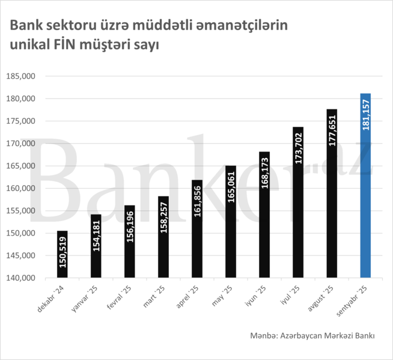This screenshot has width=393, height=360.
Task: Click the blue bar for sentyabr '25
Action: [x=365, y=186]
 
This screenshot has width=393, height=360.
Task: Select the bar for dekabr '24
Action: [x=62, y=254]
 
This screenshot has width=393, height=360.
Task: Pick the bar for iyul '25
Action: [x=298, y=202]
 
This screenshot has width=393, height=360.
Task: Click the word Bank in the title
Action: [x=23, y=26]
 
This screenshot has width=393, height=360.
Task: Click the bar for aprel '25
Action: [x=197, y=228]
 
